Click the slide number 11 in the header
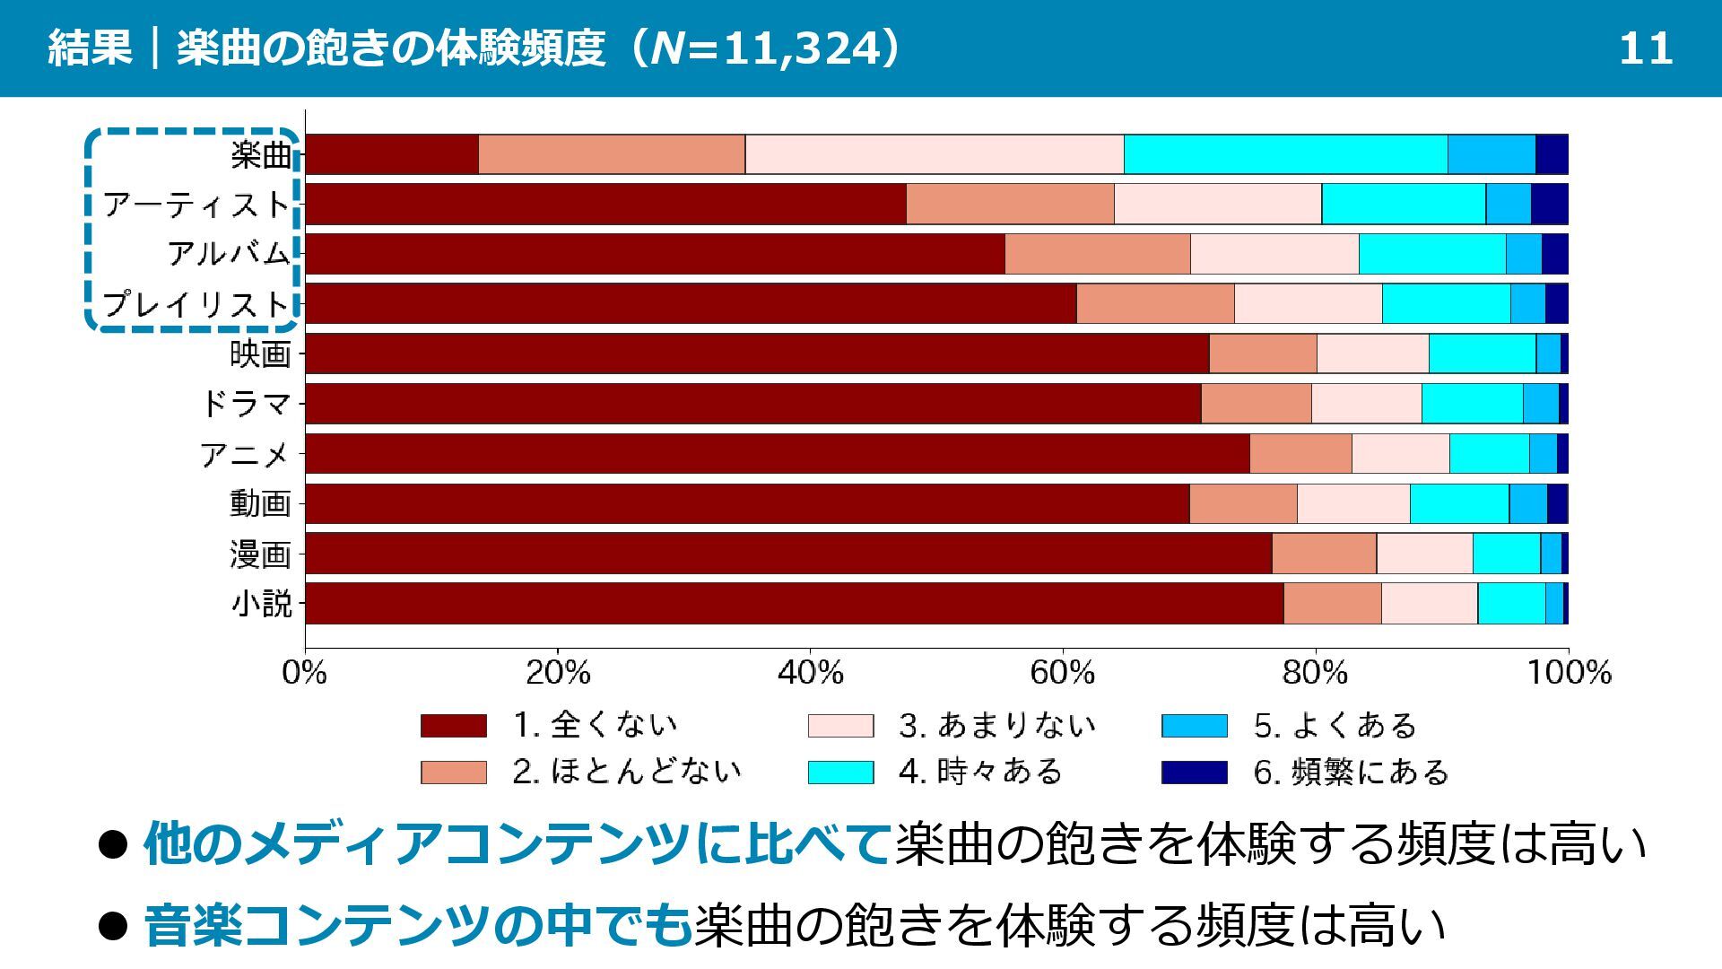(1645, 48)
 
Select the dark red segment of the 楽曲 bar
(392, 154)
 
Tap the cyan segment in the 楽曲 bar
(1285, 154)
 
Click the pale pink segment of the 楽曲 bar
(935, 154)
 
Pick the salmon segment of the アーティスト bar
(1010, 204)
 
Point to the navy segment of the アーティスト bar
(1549, 204)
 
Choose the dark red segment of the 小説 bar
(794, 603)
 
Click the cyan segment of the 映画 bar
(1482, 354)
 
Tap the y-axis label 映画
(260, 354)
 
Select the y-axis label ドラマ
(246, 404)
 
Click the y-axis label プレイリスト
(196, 304)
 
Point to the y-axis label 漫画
(260, 554)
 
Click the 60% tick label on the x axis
(1063, 673)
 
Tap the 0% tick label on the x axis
(305, 673)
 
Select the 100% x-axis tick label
(1569, 673)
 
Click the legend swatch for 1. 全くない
(454, 726)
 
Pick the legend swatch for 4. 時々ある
(840, 773)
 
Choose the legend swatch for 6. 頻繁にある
(1194, 773)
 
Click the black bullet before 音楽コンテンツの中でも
(114, 925)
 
